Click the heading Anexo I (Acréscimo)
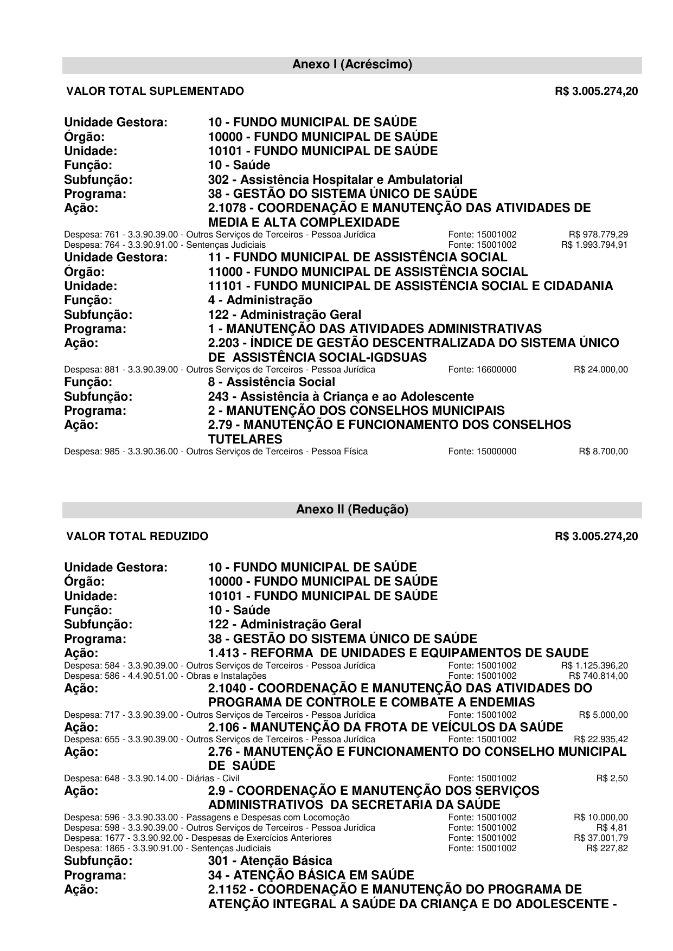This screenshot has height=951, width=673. (x=352, y=65)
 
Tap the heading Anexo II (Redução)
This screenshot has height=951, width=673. (x=352, y=510)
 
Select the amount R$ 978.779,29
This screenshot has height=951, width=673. (x=598, y=235)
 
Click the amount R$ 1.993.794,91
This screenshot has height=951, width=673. (x=594, y=245)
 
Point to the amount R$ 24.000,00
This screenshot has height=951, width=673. (x=600, y=370)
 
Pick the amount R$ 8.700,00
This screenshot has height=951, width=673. (x=603, y=452)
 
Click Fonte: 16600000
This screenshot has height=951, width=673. (x=482, y=370)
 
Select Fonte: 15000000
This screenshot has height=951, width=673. (x=482, y=452)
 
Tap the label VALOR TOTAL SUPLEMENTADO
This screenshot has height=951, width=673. (x=155, y=91)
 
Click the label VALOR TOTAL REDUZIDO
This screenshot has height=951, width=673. (x=137, y=536)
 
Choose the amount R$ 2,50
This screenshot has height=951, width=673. (x=612, y=779)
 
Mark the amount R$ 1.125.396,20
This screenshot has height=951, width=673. (x=594, y=665)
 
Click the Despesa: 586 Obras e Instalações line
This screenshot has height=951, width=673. (x=165, y=676)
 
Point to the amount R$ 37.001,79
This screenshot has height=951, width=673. (x=600, y=838)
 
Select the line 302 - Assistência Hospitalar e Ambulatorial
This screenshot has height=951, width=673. (x=335, y=179)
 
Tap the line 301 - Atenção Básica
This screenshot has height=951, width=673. (x=270, y=860)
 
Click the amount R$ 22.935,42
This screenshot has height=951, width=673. (x=600, y=739)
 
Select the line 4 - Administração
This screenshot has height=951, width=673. (x=260, y=300)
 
